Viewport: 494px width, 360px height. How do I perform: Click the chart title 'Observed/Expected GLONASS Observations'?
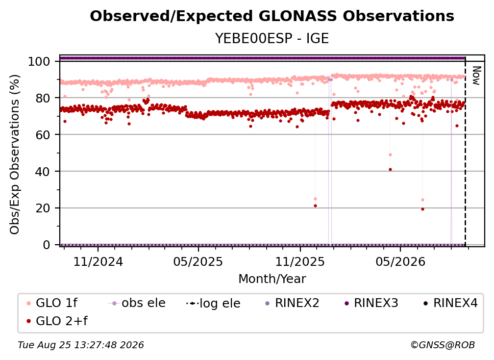(x=272, y=16)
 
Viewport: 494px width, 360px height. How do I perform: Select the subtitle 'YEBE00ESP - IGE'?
(x=272, y=38)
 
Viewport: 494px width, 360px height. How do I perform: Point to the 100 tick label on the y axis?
(x=39, y=61)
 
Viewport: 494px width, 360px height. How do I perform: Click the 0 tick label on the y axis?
(x=47, y=245)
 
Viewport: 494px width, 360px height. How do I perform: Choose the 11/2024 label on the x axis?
(x=98, y=261)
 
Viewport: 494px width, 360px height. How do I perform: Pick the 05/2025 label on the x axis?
(x=198, y=261)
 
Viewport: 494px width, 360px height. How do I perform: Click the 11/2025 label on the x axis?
(x=300, y=261)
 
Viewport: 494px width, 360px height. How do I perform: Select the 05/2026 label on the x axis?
(x=400, y=261)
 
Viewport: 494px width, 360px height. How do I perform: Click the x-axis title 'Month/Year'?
(x=272, y=279)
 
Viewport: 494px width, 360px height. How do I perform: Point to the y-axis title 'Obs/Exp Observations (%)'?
(x=15, y=154)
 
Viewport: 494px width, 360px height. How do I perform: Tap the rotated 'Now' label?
(x=476, y=76)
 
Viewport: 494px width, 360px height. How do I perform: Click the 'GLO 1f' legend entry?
(x=51, y=303)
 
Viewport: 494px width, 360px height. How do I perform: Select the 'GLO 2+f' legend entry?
(x=57, y=321)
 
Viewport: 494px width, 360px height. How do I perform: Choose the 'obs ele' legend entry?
(x=137, y=303)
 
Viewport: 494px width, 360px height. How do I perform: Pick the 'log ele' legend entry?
(x=213, y=303)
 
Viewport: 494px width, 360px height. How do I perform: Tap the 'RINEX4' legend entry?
(x=450, y=303)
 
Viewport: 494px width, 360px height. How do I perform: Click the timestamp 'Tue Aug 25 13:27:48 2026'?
(x=81, y=345)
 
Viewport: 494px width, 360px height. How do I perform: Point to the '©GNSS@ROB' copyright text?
(x=443, y=345)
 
